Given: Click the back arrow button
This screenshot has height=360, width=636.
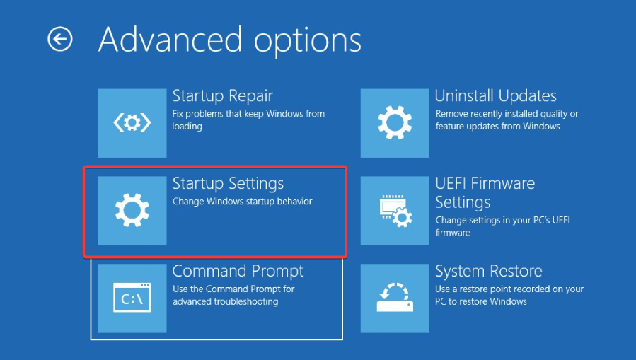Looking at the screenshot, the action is pos(60,40).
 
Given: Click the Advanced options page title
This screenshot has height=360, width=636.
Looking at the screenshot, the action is pos(230,40).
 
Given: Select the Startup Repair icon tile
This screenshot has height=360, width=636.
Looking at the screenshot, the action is pos(132,123).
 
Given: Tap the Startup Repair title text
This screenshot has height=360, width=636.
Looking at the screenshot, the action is pos(222,96).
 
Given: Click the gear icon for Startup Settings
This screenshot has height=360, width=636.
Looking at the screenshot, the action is pos(132,210).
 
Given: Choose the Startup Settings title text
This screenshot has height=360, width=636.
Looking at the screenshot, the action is pos(228,184).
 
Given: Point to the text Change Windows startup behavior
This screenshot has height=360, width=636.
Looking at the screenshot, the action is pos(243,202).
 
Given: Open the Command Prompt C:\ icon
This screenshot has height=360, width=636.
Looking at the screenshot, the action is pos(132,298).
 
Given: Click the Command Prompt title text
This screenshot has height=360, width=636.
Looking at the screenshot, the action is pos(238,271).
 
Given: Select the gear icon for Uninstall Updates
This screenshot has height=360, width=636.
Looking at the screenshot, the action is pos(395,123).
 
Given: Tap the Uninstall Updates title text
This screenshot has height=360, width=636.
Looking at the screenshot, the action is pos(496,96).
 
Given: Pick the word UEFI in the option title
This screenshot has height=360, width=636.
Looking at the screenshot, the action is pos(450,184).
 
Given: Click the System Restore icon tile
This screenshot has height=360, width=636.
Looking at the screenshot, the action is pos(395,298).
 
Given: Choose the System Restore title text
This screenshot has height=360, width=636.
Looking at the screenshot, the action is pos(489,271).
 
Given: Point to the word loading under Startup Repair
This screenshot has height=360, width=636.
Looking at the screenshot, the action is pos(187,127).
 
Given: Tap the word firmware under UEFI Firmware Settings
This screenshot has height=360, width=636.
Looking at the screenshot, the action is pos(453,233).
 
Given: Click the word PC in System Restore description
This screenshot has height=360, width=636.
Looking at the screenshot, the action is pos(441,301).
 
